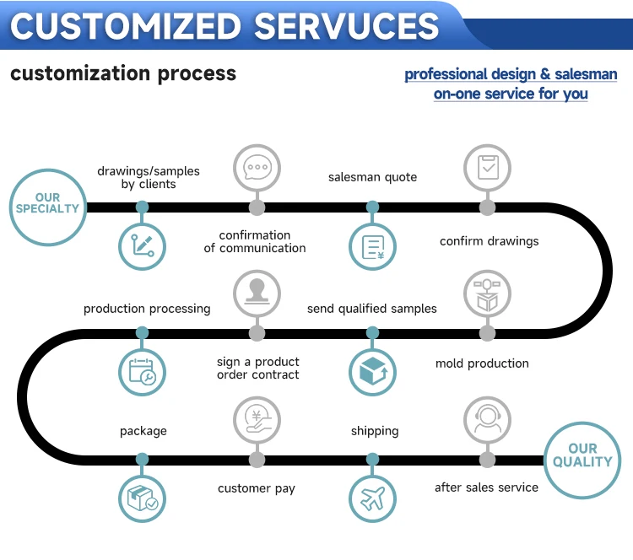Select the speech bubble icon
click(x=257, y=167)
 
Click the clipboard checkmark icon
click(x=487, y=167)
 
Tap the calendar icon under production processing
click(x=143, y=372)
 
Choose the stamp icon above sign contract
click(x=257, y=293)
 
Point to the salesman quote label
click(x=372, y=177)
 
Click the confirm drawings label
click(x=489, y=241)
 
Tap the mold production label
click(x=482, y=363)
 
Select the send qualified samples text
click(x=372, y=309)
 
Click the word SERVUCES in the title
click(x=347, y=25)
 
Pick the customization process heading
click(x=123, y=73)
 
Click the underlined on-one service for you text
click(x=511, y=94)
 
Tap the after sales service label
click(x=486, y=487)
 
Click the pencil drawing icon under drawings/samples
click(x=143, y=246)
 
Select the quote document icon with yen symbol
click(x=372, y=246)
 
